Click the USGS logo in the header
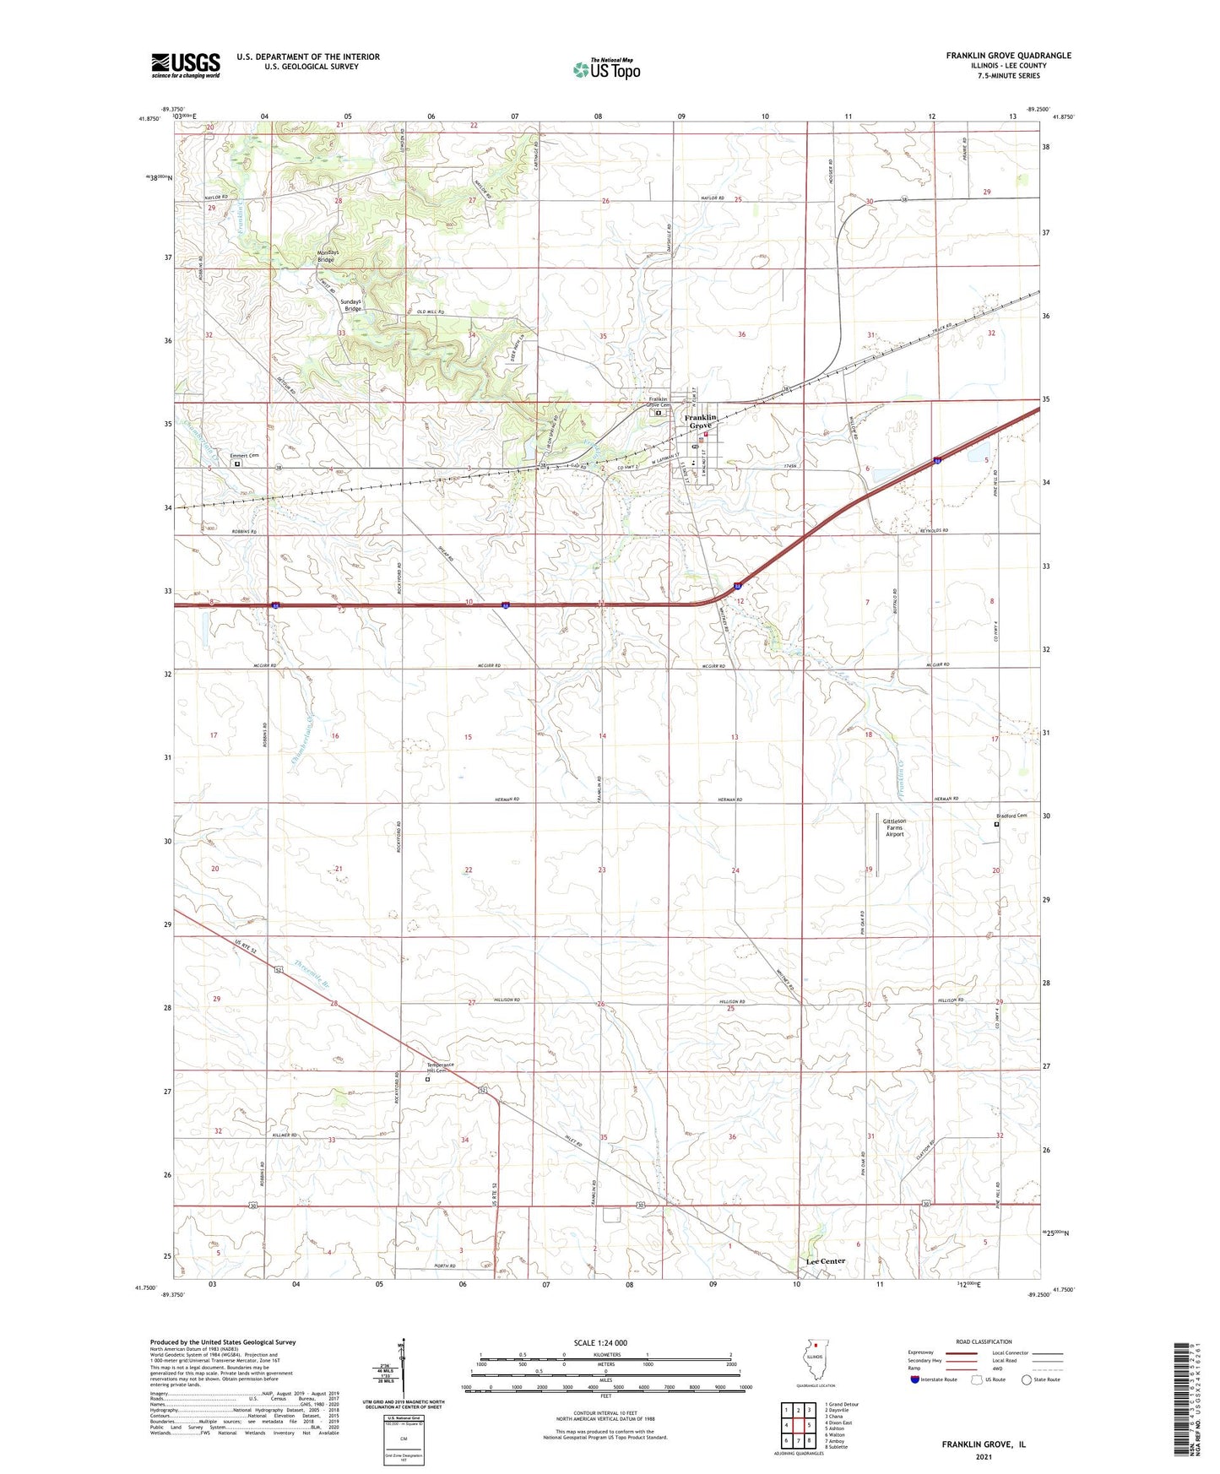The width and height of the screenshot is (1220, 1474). (x=186, y=65)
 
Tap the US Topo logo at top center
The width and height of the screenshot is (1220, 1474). (x=606, y=68)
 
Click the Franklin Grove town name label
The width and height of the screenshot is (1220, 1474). (x=700, y=421)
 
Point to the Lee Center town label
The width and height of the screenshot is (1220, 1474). (x=825, y=1260)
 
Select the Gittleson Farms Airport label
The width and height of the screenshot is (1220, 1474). (x=894, y=827)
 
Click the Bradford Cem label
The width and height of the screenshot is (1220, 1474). (x=1011, y=816)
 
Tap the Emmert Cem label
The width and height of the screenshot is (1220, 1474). (x=244, y=456)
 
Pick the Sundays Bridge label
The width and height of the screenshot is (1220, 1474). (x=350, y=305)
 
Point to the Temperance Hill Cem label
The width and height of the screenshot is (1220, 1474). (x=440, y=1068)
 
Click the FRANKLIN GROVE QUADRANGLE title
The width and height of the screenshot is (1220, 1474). (x=1008, y=56)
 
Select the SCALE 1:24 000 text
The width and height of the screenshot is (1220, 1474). (x=600, y=1343)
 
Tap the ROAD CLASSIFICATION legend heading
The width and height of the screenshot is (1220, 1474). (x=984, y=1341)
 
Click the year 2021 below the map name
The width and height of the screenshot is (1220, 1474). (x=983, y=1456)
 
